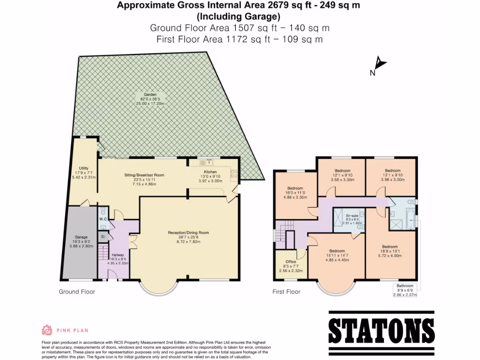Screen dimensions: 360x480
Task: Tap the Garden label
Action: (150, 94)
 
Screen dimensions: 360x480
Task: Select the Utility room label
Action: (84, 168)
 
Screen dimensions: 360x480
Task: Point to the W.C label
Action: (104, 219)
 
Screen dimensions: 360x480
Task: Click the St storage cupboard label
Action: (103, 237)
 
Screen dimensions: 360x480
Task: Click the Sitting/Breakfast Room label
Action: (144, 175)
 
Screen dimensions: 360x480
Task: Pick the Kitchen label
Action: (210, 172)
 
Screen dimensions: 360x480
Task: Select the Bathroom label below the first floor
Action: (405, 285)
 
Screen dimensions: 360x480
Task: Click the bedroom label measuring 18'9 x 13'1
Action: (390, 247)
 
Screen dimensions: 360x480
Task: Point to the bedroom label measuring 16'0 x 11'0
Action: (295, 188)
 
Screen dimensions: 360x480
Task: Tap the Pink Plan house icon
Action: (47, 330)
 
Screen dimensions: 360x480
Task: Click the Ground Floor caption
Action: (77, 292)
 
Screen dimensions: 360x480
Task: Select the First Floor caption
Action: (286, 292)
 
